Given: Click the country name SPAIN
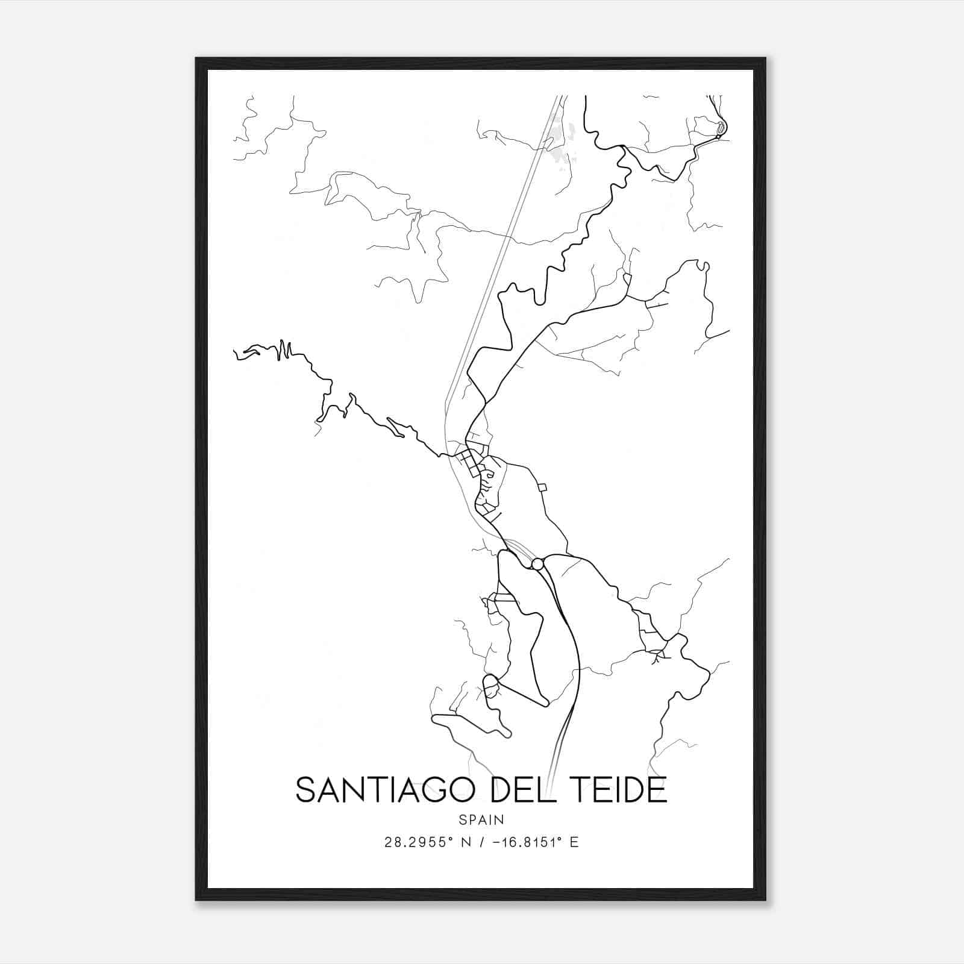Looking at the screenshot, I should click(x=481, y=819).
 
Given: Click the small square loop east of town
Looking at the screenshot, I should click(x=542, y=487).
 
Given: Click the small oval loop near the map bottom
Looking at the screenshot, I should click(x=491, y=683).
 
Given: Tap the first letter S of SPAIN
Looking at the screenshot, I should click(x=462, y=819).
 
